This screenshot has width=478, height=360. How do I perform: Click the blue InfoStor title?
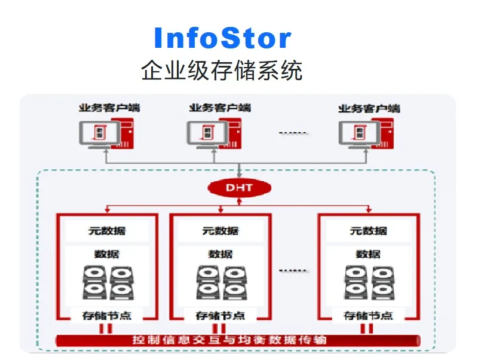[222, 38]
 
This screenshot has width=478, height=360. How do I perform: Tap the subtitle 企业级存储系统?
[222, 71]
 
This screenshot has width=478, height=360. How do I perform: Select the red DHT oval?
[239, 188]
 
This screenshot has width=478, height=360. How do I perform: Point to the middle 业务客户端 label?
[220, 108]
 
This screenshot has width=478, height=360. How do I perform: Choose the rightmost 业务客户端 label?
[369, 108]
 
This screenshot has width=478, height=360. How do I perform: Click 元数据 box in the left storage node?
[106, 231]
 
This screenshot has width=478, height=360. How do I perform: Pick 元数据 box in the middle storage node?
[220, 231]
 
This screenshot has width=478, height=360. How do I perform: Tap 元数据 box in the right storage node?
[368, 231]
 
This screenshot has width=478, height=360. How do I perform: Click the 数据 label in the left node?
[106, 254]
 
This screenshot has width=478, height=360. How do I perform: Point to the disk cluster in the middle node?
[220, 282]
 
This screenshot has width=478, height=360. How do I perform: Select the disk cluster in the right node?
[368, 282]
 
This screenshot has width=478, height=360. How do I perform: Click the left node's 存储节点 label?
[106, 315]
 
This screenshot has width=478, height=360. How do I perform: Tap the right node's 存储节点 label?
[368, 315]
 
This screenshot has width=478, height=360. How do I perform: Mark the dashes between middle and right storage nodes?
[293, 270]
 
